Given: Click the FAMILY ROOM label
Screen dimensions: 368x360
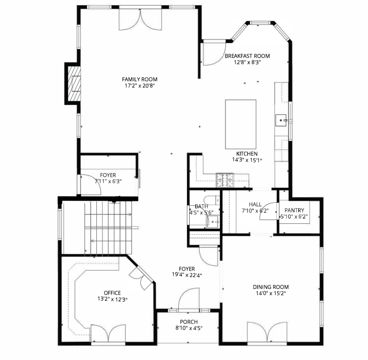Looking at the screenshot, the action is point(140,79).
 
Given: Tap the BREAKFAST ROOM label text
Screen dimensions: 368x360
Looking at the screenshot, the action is point(247,56).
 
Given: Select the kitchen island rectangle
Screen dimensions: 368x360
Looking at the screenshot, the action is point(241,124).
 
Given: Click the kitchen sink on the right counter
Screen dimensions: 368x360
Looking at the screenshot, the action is point(281,120).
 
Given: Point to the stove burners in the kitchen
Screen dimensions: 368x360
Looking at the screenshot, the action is point(225,180).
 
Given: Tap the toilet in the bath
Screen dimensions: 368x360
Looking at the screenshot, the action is point(212,200).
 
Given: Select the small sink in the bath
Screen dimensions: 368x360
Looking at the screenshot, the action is point(213,222).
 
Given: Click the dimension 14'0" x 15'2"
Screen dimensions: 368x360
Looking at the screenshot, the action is point(271,293).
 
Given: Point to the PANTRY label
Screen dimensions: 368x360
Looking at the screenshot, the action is point(294,210).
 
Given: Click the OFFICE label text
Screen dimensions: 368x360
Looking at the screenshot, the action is point(112,293).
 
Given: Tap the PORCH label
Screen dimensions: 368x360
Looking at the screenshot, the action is point(189,322).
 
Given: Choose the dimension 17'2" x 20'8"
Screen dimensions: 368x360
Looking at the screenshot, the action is point(140,86).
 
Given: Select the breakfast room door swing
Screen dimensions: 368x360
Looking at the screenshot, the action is point(214,54).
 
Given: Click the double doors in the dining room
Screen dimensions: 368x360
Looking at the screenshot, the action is point(267,333).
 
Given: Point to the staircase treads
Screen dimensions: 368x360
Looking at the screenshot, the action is point(108,228).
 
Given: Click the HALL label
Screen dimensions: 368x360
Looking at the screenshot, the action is point(255,205).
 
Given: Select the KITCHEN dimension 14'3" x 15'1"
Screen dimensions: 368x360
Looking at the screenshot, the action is point(247,160).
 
